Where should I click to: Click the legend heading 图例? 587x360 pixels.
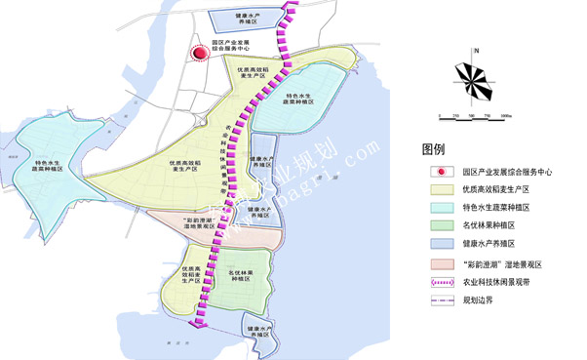[433, 150]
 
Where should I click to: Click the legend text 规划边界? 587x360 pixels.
[478, 300]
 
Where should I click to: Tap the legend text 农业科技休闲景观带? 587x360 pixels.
[496, 282]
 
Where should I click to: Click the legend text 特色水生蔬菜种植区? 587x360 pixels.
[496, 207]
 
